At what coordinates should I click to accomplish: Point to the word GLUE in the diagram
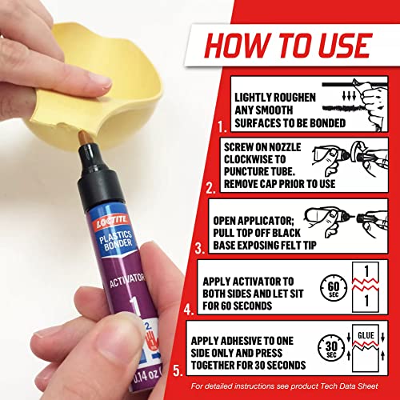(x=365, y=336)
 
